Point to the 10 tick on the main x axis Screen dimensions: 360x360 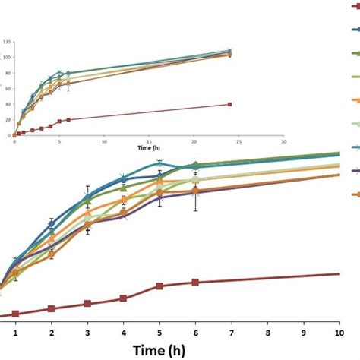point(338,333)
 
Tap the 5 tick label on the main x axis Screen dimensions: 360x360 point(159,333)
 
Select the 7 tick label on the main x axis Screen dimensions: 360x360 point(232,333)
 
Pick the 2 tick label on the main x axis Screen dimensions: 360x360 point(51,333)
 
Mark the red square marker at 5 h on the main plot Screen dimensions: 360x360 point(159,286)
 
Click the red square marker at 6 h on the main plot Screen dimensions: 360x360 point(195,282)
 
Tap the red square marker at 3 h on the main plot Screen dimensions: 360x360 point(87,304)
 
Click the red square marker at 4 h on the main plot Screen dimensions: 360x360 point(123,298)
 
